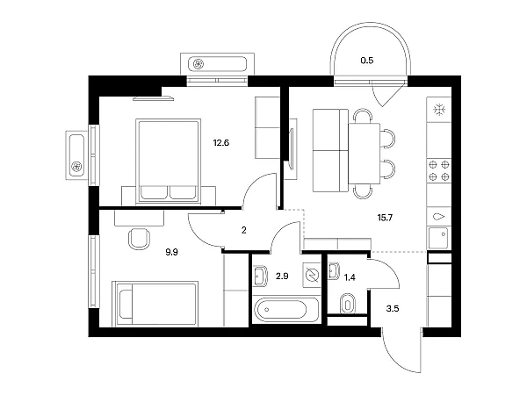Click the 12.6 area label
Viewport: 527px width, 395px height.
(x=221, y=143)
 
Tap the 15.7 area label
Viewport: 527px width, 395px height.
(x=385, y=218)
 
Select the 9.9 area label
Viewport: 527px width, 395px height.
(x=171, y=252)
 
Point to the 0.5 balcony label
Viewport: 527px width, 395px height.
(x=367, y=61)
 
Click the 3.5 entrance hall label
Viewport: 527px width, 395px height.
(x=393, y=308)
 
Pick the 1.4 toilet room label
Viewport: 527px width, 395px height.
(x=350, y=277)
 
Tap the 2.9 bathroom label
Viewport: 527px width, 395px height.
(x=282, y=276)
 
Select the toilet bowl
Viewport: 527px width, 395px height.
(x=348, y=305)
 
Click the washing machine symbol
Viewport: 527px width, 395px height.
(x=312, y=275)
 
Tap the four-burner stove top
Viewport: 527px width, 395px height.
(x=439, y=170)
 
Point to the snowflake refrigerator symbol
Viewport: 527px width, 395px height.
(x=439, y=110)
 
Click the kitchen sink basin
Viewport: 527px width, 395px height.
(x=438, y=238)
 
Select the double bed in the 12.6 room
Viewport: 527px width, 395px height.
(x=168, y=162)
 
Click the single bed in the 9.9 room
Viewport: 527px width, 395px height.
(x=155, y=304)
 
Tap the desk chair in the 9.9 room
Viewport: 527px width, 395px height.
(x=139, y=239)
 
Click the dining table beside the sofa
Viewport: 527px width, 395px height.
(x=365, y=154)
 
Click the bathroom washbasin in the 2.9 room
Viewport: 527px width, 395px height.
(x=260, y=276)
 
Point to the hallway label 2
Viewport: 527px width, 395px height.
(x=243, y=230)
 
